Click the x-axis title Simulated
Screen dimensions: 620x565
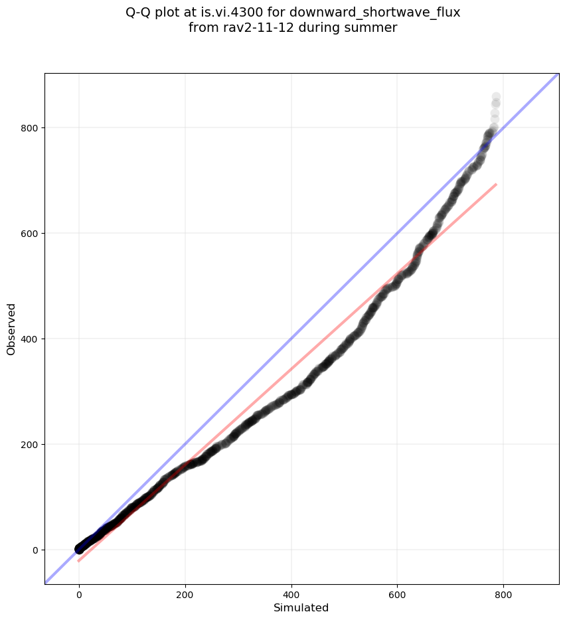click(301, 607)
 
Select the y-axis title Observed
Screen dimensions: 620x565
click(11, 329)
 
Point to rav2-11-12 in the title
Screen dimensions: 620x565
click(248, 27)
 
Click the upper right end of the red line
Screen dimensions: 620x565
click(496, 184)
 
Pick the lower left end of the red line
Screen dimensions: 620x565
click(78, 561)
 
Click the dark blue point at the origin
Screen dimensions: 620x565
click(79, 549)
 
